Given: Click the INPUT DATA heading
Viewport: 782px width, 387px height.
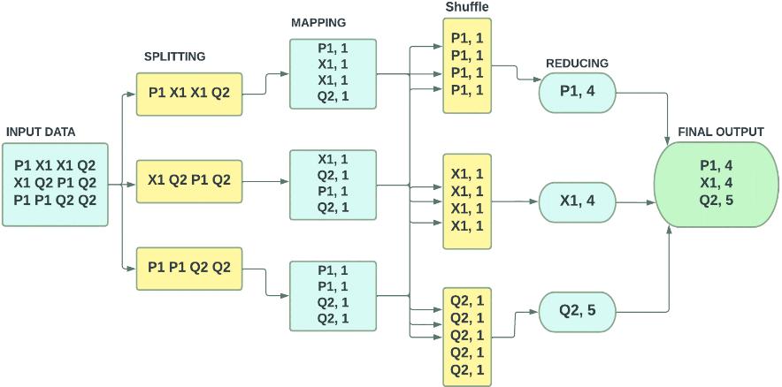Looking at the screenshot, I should tap(41, 132).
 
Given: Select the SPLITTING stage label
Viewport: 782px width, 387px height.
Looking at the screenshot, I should tap(174, 57).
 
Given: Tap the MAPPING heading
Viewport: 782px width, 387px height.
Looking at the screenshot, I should tap(318, 22).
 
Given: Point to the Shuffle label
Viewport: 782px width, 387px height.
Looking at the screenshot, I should tap(468, 7).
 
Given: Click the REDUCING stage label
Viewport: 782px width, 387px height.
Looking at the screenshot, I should tap(577, 63).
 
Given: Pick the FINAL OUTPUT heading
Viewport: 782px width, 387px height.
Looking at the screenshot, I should tap(720, 132).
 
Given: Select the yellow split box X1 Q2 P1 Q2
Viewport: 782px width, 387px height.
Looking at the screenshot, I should tap(189, 180).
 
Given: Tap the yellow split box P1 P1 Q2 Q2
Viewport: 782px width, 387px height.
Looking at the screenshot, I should tap(189, 268).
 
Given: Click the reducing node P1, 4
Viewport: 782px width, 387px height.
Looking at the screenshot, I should tap(577, 91).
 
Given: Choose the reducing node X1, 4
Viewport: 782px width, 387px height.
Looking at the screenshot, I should tap(577, 201).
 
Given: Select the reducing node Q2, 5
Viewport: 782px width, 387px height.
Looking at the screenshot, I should tap(577, 311).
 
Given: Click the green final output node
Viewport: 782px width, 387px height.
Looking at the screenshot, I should tap(716, 183).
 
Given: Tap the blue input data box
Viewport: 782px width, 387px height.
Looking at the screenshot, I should tap(55, 183).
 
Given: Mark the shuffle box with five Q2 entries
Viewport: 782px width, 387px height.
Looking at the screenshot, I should tap(467, 335).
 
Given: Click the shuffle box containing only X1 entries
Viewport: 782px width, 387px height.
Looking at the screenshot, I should tap(467, 200).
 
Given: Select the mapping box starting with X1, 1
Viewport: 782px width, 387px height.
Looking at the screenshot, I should tap(332, 183).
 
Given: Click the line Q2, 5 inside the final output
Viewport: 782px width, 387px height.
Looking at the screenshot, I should tap(716, 200).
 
